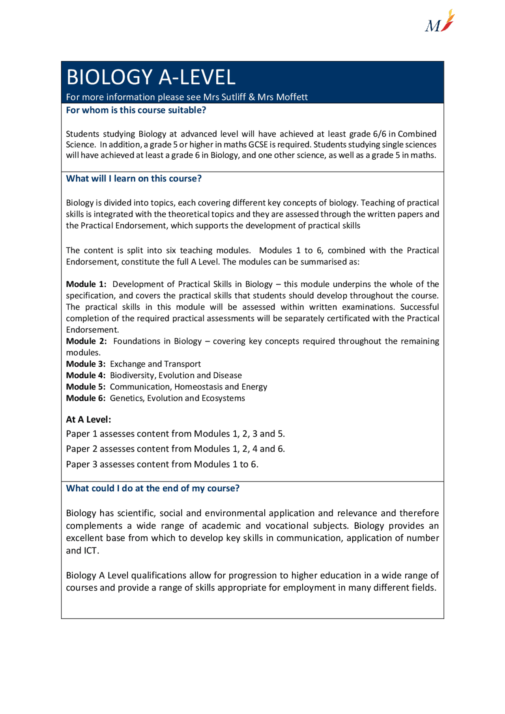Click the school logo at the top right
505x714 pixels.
point(440,22)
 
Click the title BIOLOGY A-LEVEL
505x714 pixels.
point(151,77)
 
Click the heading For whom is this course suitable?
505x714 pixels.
point(136,110)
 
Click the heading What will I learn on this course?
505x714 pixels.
point(134,179)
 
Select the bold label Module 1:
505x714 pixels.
point(86,284)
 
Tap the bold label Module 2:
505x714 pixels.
point(86,341)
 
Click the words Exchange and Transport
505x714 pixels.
point(155,364)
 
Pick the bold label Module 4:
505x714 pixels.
point(86,376)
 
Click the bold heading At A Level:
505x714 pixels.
point(88,420)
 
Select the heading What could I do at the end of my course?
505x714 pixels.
point(153,488)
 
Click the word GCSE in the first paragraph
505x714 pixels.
point(258,145)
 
